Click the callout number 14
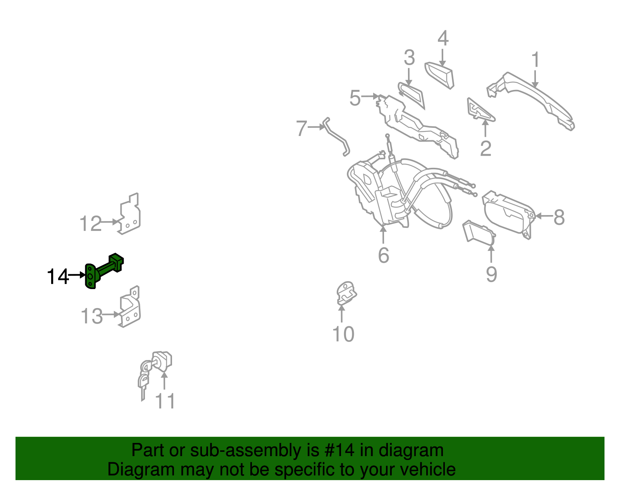point(58,276)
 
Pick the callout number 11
point(165,401)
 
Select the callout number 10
point(343,334)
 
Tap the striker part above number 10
point(346,293)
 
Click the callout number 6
point(384,255)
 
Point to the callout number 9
point(491,274)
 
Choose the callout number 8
point(559,217)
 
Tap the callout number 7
point(301,128)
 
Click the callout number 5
point(355,98)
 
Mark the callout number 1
point(536,59)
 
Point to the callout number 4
point(443,38)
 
